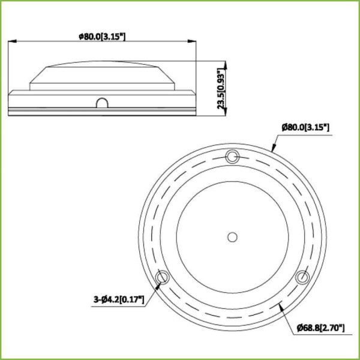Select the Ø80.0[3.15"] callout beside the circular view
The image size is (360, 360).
306,127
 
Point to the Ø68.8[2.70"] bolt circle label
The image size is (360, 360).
320,327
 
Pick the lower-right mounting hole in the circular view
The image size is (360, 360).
302,278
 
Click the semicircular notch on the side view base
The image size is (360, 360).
101,104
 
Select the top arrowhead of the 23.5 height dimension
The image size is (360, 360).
225,62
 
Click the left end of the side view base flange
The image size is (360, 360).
11,101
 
